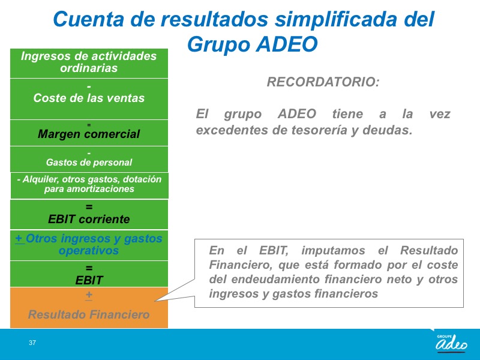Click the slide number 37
(x=32, y=343)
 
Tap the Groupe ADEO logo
(x=452, y=343)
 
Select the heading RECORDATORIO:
(x=323, y=82)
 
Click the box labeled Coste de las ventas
(x=89, y=99)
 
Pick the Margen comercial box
(x=89, y=133)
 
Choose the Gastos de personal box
(x=89, y=159)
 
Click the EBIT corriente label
(x=89, y=219)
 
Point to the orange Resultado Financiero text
(x=89, y=314)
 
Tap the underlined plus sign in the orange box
(x=89, y=295)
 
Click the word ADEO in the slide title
(x=287, y=44)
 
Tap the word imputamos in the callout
(x=333, y=251)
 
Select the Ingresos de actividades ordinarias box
(x=89, y=63)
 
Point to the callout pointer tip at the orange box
(x=155, y=301)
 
